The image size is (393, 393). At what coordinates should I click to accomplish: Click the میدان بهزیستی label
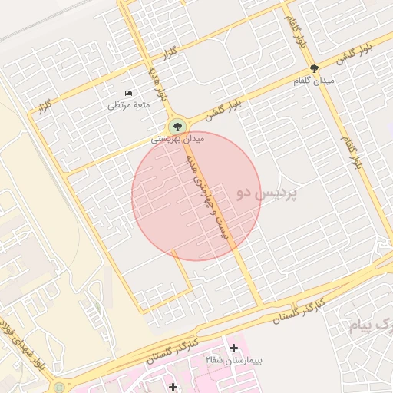177,140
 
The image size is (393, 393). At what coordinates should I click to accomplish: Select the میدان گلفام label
314,81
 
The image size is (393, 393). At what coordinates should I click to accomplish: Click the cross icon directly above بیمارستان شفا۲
233,348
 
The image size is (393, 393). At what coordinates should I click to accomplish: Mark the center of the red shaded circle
196,196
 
